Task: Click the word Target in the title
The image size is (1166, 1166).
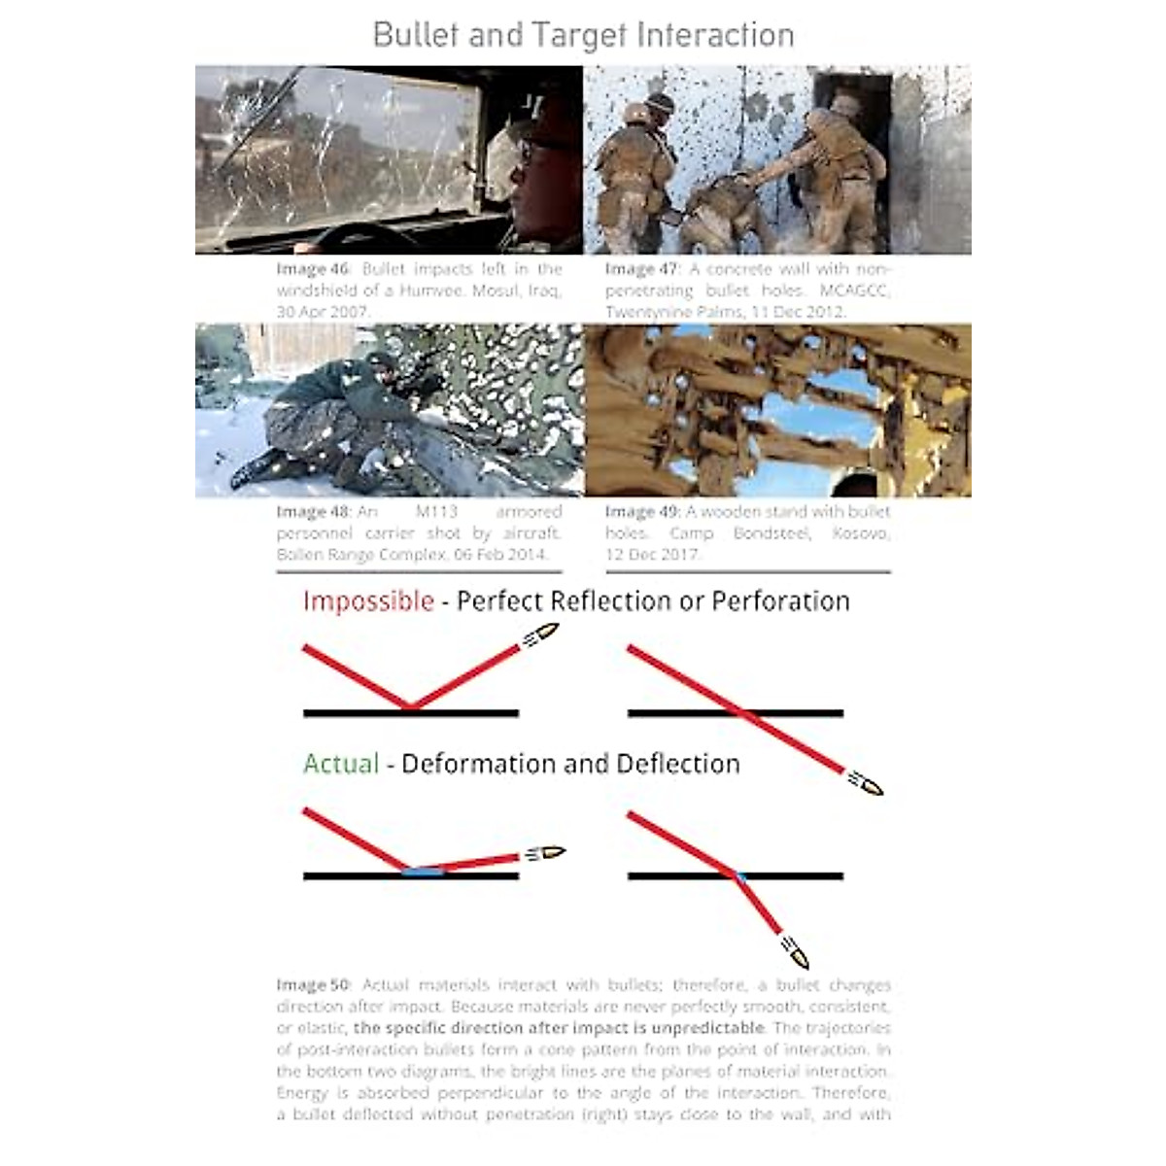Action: pos(566,35)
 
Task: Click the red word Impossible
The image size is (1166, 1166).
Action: pos(368,601)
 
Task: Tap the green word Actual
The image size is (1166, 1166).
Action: pos(341,764)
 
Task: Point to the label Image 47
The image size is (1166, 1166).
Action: pos(641,269)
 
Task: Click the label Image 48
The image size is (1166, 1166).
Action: pos(312,512)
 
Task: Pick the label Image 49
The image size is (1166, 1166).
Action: pos(641,512)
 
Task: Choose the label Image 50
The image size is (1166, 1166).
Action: pos(312,985)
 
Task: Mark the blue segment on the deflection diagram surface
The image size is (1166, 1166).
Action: pos(424,872)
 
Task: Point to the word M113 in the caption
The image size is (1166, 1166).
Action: pos(436,512)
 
